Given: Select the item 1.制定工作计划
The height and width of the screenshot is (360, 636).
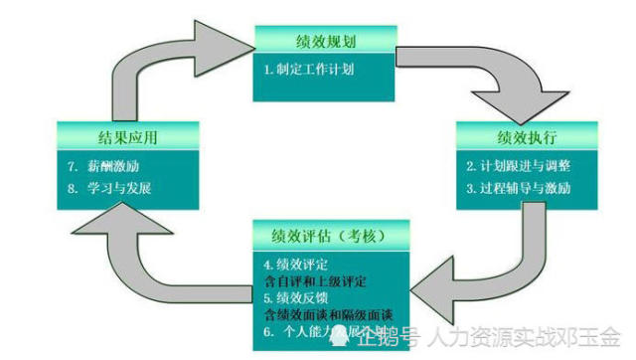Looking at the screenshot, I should point(308,71).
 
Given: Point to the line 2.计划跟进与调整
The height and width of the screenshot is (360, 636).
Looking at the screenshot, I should point(518,163).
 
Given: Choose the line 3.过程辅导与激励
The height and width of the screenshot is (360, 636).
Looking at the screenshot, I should point(518,186).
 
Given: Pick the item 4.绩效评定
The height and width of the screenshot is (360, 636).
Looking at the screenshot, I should point(296,265).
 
